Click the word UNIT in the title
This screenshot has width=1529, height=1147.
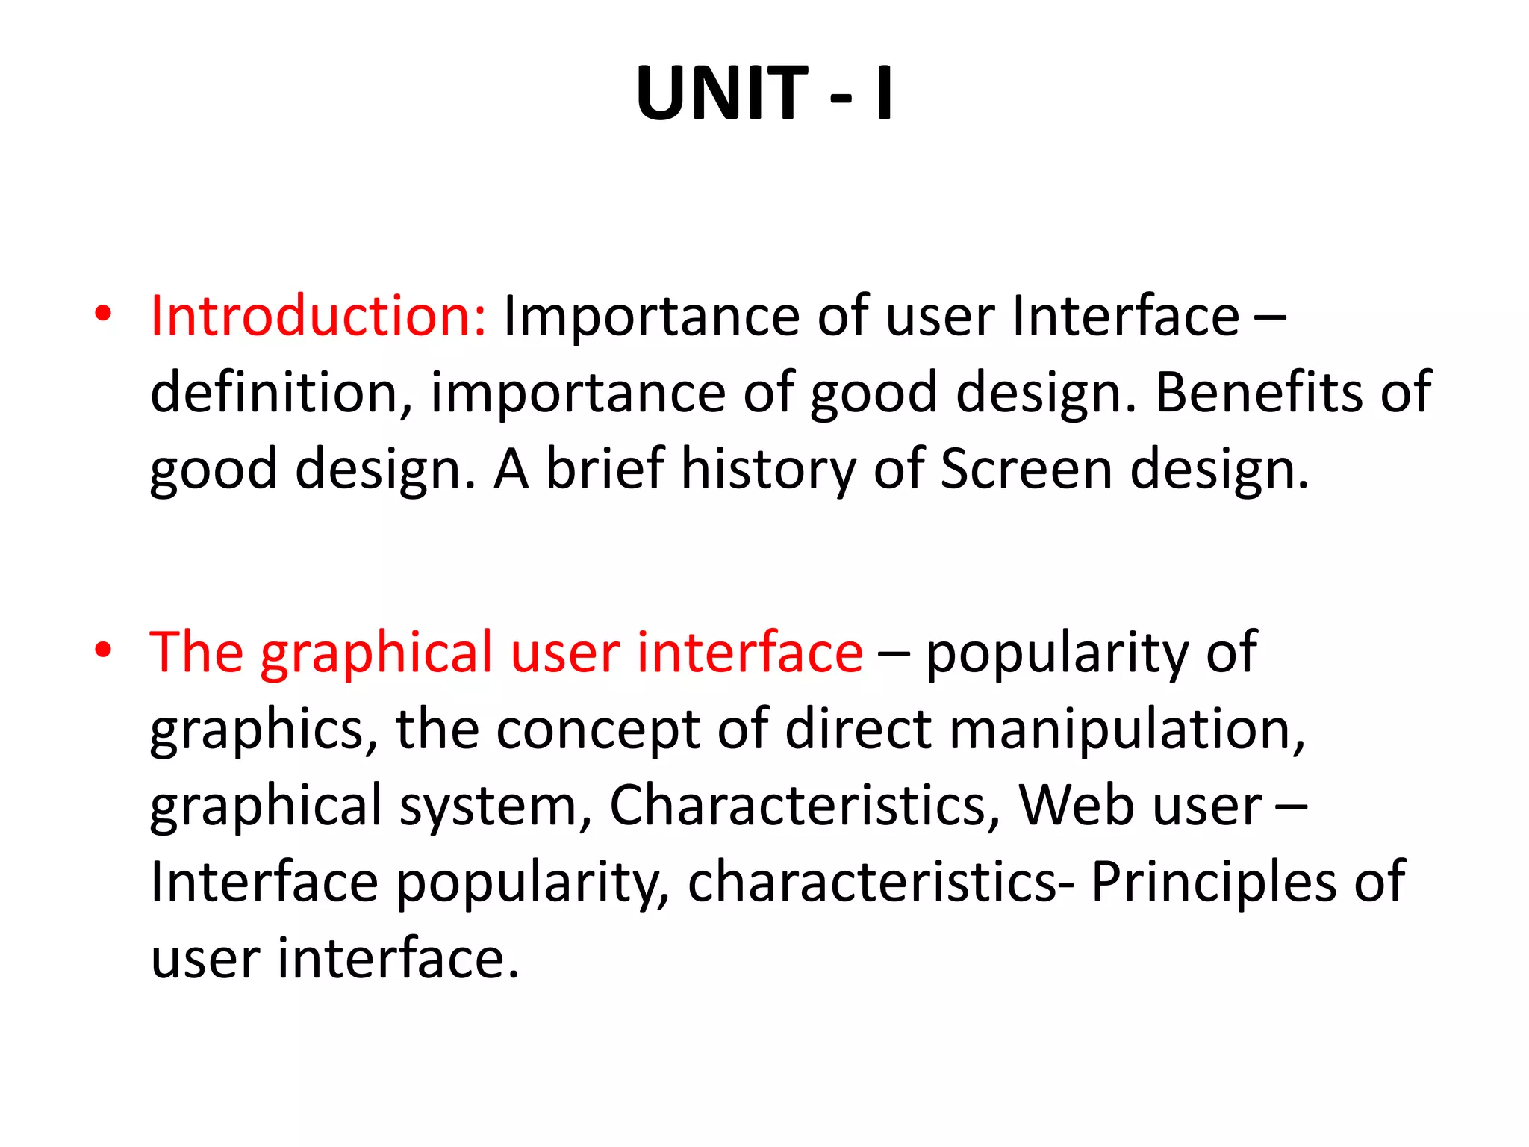coord(721,93)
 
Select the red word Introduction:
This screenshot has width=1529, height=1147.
coord(318,316)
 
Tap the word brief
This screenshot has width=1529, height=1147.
coord(605,469)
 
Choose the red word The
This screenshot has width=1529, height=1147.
coord(196,653)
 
